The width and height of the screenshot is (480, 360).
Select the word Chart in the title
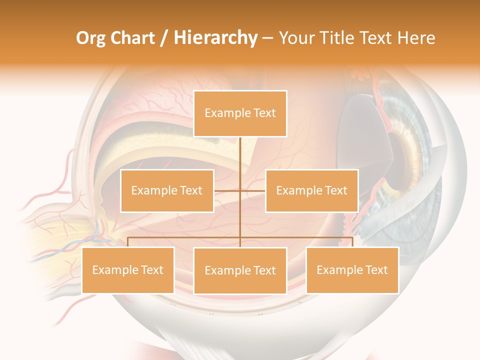(x=132, y=38)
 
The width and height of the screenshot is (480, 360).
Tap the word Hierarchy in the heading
(x=215, y=38)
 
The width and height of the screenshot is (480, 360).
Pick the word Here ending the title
(x=416, y=38)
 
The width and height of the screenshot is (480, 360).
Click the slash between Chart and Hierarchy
(x=164, y=38)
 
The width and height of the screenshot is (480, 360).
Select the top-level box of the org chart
(x=240, y=113)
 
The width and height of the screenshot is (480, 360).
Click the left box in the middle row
(x=167, y=190)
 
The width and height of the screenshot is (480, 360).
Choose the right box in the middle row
(x=311, y=190)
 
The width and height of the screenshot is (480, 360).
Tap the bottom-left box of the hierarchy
(x=128, y=270)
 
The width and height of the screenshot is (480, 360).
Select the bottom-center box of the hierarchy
(x=240, y=270)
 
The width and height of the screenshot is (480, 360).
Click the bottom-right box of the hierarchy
(x=352, y=270)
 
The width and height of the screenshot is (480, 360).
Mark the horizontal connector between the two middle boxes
(x=240, y=190)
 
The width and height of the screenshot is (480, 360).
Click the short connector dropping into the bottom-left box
(x=128, y=242)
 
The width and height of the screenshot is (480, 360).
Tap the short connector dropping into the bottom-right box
(x=352, y=242)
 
